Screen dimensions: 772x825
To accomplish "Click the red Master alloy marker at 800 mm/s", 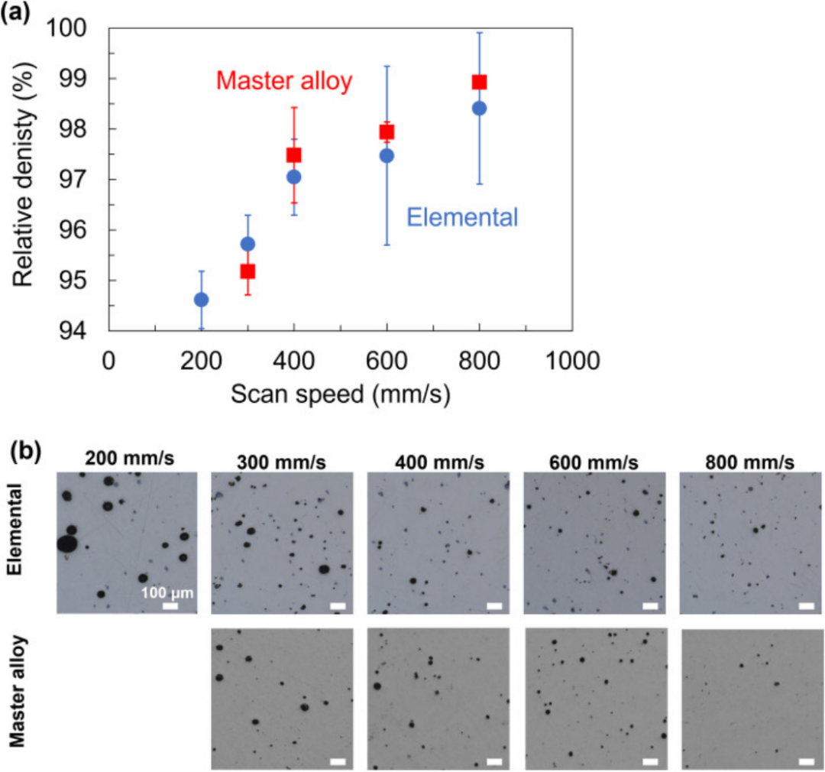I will pyautogui.click(x=479, y=83).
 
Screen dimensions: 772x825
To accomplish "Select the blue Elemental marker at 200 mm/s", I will pyautogui.click(x=201, y=300).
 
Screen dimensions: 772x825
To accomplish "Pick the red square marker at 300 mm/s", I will pyautogui.click(x=247, y=271).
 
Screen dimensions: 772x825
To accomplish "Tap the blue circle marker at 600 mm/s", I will pyautogui.click(x=387, y=156).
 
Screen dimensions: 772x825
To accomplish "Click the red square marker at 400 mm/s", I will pyautogui.click(x=294, y=155).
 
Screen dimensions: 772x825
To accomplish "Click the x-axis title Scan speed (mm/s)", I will pyautogui.click(x=341, y=394).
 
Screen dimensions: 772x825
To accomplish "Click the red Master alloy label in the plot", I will pyautogui.click(x=283, y=81).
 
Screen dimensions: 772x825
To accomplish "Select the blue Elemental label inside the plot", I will pyautogui.click(x=462, y=218).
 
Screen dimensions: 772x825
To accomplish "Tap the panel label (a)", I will pyautogui.click(x=18, y=13).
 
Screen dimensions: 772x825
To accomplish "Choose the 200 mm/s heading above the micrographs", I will pyautogui.click(x=129, y=459).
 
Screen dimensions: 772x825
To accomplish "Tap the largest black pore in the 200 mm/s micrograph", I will pyautogui.click(x=66, y=544).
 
